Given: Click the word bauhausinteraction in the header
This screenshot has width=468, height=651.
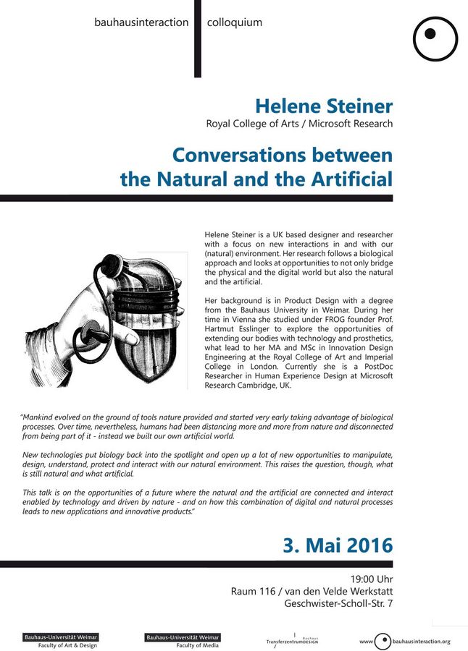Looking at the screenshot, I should point(141,22).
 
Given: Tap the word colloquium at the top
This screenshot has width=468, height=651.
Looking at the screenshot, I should point(235,22).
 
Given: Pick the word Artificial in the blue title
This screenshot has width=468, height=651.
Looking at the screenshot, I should point(346,179).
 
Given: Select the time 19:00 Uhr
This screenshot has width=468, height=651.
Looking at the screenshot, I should point(372,579).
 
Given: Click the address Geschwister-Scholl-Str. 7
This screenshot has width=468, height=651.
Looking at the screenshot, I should point(339,604).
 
